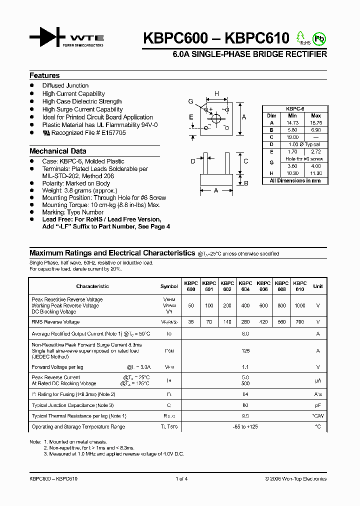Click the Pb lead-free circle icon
[318, 38]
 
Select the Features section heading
[44, 75]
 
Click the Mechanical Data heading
[57, 151]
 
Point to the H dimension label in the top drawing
[216, 93]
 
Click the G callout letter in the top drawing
[190, 101]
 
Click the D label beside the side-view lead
[193, 161]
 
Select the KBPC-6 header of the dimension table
[295, 108]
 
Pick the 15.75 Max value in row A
[316, 122]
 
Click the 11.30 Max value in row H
[316, 173]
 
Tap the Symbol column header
[169, 286]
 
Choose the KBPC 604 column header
[245, 286]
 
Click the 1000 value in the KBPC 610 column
[299, 305]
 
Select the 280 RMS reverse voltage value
[245, 322]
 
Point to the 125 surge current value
[245, 351]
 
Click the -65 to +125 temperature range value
[245, 426]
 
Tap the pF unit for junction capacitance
[317, 405]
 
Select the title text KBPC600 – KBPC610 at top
[216, 38]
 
